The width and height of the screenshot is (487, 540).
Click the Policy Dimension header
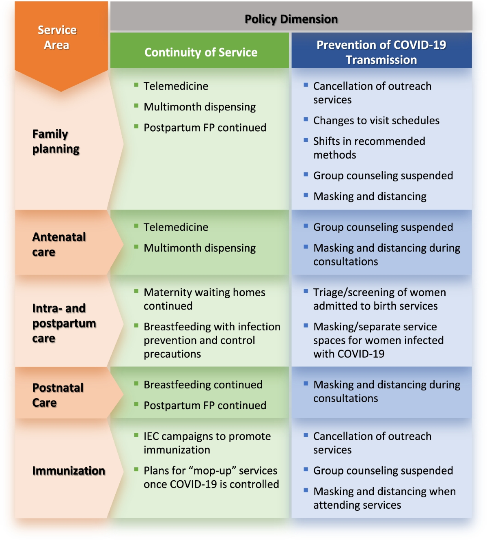coord(291,19)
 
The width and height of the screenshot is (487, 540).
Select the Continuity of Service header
coord(201,52)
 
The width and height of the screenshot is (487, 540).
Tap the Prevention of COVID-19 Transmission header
coord(381,52)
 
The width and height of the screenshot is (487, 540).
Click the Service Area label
coord(57,37)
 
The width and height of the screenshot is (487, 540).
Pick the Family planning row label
coord(56,141)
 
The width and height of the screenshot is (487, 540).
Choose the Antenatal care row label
coord(59,244)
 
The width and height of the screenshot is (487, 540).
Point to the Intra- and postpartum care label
coord(64,323)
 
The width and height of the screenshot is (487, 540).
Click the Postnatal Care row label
coord(58,395)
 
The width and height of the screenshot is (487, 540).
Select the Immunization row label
coord(69,471)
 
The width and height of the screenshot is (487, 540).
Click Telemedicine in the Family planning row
coord(176,86)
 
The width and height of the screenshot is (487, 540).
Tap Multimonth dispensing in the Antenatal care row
coord(200,248)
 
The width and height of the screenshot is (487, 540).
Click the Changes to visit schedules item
coord(376,121)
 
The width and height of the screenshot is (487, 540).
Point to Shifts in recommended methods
coord(369,148)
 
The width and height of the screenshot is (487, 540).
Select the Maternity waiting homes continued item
coord(204,299)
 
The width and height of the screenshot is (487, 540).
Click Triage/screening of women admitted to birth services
coord(379,299)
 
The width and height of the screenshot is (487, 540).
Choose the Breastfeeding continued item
coord(203,385)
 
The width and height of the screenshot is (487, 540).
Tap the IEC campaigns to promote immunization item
coord(207,443)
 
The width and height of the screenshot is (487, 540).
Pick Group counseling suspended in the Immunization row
coord(383,471)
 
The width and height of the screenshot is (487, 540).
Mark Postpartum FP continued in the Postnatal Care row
coord(205,406)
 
